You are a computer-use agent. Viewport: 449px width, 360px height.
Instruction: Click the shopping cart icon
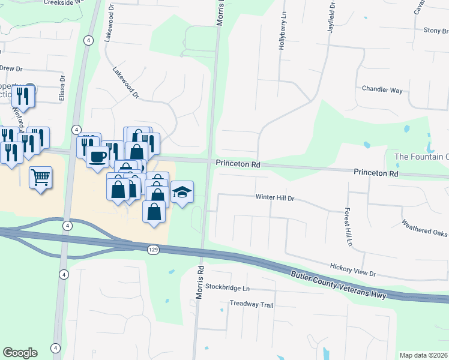[x=40, y=177]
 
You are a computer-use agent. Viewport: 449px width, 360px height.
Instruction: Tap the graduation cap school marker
[x=182, y=192]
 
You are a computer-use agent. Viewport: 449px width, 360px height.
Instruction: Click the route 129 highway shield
[x=154, y=249]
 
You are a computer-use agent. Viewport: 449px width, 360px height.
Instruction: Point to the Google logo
[x=20, y=353]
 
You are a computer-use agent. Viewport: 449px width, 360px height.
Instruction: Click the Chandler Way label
[x=382, y=89]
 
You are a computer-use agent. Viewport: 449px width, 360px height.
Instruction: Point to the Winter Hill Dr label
[x=275, y=197]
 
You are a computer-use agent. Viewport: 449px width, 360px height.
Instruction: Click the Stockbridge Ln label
[x=227, y=287]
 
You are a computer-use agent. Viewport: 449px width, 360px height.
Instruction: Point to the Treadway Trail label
[x=252, y=305]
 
